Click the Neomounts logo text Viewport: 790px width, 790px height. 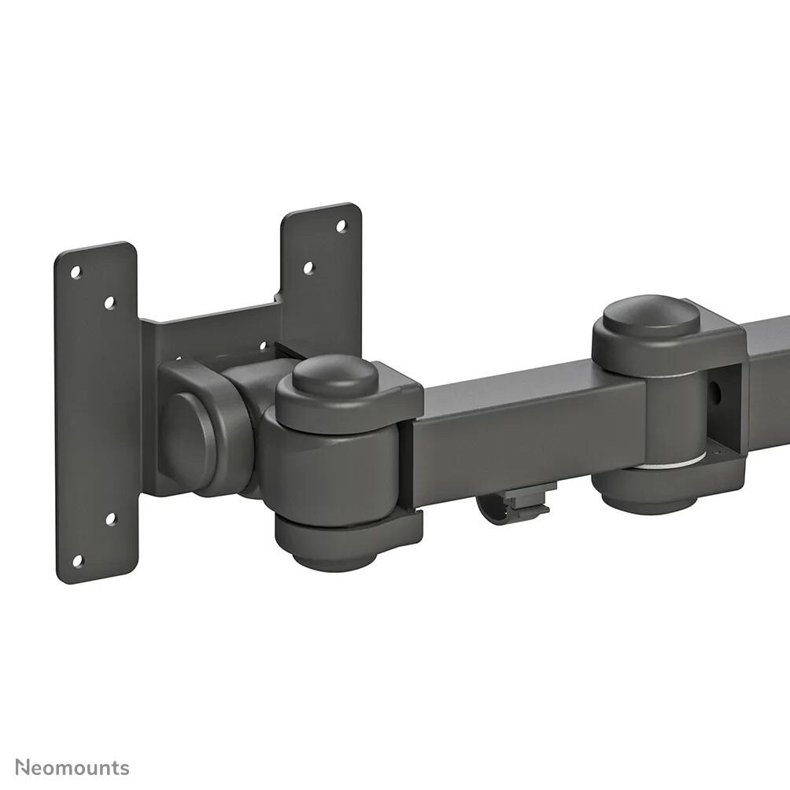(x=72, y=767)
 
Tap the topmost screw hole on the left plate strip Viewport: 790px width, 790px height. (x=76, y=272)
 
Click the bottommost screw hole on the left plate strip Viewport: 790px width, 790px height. (x=77, y=561)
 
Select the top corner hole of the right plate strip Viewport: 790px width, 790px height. (x=341, y=227)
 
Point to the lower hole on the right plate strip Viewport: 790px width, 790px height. (x=308, y=268)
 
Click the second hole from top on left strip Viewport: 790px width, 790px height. (x=109, y=302)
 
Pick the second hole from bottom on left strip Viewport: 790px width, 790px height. (x=110, y=519)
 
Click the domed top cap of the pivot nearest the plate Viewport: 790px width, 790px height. (x=335, y=375)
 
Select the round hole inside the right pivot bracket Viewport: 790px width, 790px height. (x=715, y=389)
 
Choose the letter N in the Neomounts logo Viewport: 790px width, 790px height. (x=22, y=767)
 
